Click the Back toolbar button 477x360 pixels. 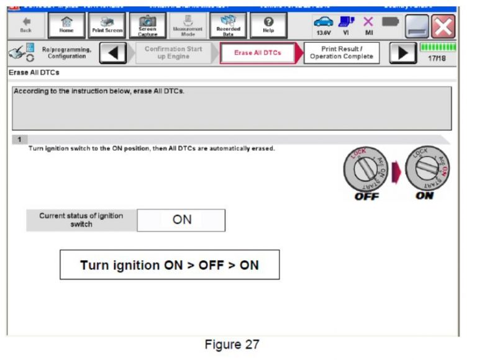pos(25,25)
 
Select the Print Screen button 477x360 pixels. pos(107,25)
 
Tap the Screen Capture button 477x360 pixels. pos(148,25)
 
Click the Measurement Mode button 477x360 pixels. pos(188,25)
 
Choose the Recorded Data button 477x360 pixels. pos(228,25)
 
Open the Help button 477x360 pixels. pos(268,25)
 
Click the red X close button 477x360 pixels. pos(443,26)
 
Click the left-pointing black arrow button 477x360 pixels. pos(112,53)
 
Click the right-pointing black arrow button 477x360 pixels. pos(403,53)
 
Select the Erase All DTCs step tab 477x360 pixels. pos(257,53)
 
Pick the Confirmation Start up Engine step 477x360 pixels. pos(173,53)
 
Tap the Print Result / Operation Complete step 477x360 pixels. pos(342,53)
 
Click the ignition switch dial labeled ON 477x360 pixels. pos(427,169)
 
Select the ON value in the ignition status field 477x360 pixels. pos(181,220)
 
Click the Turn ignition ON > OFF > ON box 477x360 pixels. pos(170,265)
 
